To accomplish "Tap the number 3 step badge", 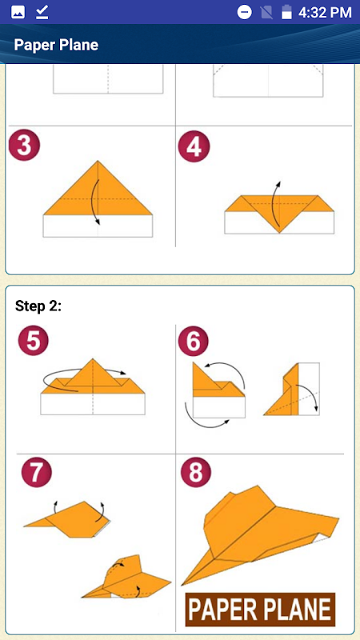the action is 25,146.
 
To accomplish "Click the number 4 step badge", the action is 194,146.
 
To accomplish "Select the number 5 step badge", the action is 34,342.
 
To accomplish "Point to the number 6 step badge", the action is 194,342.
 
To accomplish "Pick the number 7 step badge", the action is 37,473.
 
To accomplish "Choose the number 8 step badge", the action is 196,473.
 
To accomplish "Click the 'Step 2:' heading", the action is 38,306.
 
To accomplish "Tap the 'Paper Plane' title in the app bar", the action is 56,45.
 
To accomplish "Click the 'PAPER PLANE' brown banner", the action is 261,610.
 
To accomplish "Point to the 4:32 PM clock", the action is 325,12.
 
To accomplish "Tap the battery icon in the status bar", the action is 286,12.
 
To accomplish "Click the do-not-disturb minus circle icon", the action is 245,12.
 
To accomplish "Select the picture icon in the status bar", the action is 18,12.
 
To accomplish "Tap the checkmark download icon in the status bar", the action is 42,12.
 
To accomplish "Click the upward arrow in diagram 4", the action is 278,203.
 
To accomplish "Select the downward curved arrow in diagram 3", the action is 94,202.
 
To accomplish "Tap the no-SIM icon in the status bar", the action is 266,12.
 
